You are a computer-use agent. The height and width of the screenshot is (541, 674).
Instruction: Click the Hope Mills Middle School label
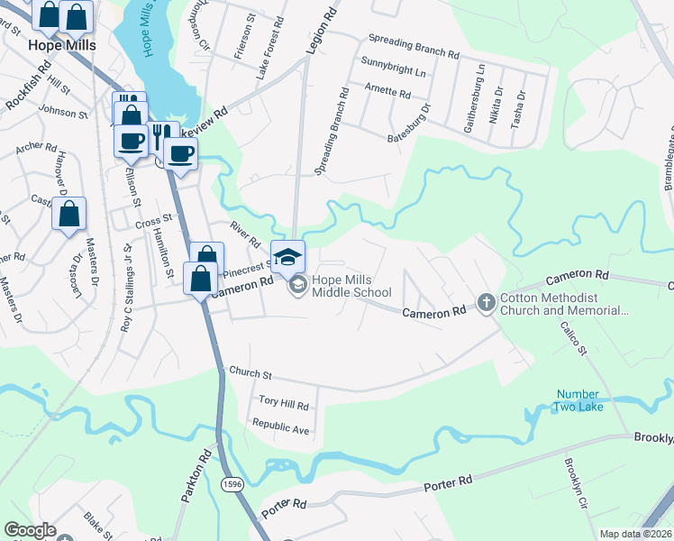(x=351, y=286)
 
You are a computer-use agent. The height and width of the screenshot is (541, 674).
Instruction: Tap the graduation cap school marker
(x=287, y=256)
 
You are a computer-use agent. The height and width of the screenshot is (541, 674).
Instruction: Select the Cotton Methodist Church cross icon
(x=486, y=301)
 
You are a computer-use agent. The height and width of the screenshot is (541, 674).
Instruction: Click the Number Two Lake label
(x=578, y=400)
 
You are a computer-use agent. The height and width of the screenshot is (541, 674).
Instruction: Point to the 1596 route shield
(x=230, y=484)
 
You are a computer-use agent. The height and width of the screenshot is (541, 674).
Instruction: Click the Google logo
(x=30, y=530)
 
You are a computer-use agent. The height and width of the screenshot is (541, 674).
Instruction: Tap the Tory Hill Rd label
(x=284, y=406)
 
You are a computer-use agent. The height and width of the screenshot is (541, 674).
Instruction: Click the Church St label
(x=250, y=371)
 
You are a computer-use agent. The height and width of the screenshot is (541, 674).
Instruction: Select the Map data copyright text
(x=635, y=534)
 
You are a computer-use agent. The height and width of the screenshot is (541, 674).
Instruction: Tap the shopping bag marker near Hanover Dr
(x=68, y=215)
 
